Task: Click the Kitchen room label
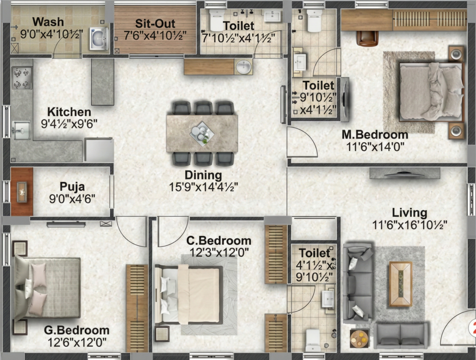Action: point(69,112)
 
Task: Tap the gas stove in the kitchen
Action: point(22,78)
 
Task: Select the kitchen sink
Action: point(21,131)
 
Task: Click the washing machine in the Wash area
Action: point(99,39)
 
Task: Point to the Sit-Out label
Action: point(155,23)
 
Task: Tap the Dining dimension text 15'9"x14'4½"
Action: point(204,187)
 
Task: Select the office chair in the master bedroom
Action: point(367,39)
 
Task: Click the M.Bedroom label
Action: point(375,134)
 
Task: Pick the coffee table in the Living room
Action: point(401,284)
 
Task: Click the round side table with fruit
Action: point(359,338)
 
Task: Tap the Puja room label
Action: point(72,186)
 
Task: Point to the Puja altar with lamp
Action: point(22,192)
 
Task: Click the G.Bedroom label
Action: point(77,330)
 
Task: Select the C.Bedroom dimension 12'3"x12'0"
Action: point(219,252)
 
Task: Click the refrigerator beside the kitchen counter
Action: point(99,150)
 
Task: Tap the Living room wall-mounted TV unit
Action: point(405,173)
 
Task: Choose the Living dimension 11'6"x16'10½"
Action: point(410,225)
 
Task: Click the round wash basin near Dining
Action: point(244,67)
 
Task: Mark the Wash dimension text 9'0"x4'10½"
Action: point(51,34)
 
